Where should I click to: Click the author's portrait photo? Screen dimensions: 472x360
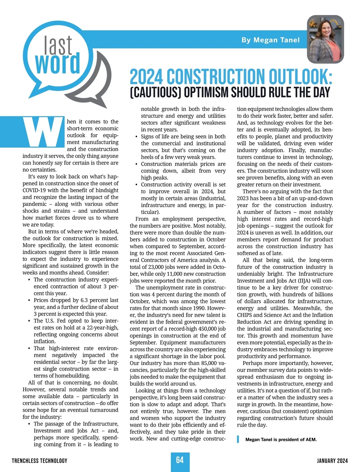point(325,39)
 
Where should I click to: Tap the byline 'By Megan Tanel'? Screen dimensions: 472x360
point(270,40)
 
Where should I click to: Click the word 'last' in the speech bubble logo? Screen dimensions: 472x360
point(58,45)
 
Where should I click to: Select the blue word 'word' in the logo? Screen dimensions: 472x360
point(58,64)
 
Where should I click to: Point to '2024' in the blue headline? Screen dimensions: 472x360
point(146,77)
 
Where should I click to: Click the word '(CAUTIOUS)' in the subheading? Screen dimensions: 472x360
point(155,93)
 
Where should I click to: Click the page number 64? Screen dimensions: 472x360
point(180,460)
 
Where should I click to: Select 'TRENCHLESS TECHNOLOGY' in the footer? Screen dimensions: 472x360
point(40,461)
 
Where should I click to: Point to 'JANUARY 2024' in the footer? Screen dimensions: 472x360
point(332,461)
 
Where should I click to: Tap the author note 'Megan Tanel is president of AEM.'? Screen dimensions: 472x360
point(281,440)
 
